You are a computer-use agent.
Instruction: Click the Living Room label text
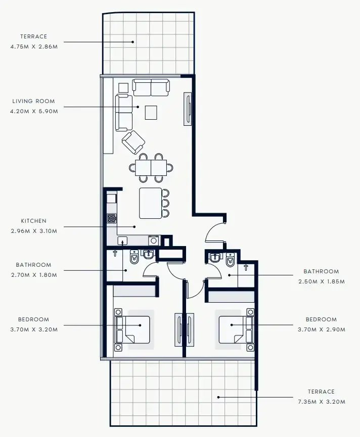pos(33,101)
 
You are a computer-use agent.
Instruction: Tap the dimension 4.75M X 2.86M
pos(34,46)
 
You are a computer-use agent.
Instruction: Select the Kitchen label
pos(33,221)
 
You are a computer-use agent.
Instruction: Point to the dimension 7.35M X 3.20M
pos(322,402)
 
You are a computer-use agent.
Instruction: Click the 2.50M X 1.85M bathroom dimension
pos(322,281)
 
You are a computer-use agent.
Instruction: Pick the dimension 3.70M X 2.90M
pos(322,330)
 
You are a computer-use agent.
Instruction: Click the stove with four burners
pos(112,218)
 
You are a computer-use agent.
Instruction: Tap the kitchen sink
pos(122,240)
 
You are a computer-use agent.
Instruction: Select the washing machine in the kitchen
pos(154,240)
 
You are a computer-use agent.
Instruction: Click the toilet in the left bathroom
pos(134,257)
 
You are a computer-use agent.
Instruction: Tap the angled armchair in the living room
pos(133,142)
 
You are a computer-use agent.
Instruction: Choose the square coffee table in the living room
pos(151,112)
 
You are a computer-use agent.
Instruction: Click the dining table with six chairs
pos(151,168)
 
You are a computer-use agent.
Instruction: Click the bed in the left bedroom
pos(132,330)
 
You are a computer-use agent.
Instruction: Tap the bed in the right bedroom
pos(236,330)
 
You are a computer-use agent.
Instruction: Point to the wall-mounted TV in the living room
pos(188,109)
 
